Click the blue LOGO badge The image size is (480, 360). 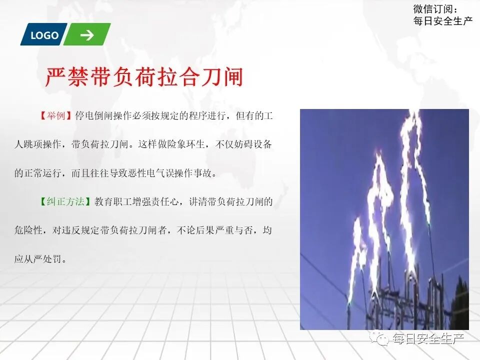(43, 35)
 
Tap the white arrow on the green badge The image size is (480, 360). (86, 35)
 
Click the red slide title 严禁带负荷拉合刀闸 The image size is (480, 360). (144, 77)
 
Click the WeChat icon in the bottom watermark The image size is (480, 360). (382, 339)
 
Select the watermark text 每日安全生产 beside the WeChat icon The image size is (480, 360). (428, 339)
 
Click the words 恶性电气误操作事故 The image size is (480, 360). (179, 173)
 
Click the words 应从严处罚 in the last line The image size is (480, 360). (39, 259)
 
